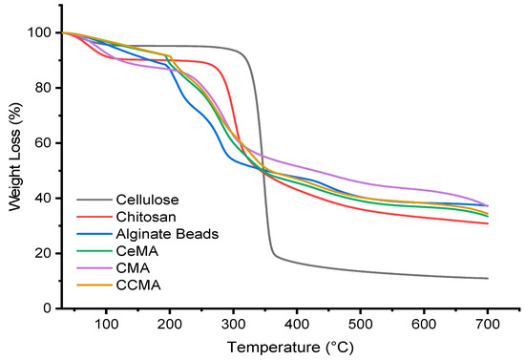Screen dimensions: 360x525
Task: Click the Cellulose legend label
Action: [x=147, y=201]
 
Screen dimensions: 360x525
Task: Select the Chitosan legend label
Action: [x=145, y=218]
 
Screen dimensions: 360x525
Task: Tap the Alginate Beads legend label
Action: [x=164, y=235]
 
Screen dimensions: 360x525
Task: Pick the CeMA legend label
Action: [x=137, y=252]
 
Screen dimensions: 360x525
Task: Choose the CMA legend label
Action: [x=134, y=269]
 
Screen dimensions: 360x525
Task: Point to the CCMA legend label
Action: [x=138, y=286]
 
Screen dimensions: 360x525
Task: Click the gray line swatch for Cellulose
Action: [x=93, y=201]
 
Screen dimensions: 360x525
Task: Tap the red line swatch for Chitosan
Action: [x=93, y=218]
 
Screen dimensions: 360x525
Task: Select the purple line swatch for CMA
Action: [x=93, y=269]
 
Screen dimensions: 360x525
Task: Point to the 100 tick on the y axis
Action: [x=41, y=32]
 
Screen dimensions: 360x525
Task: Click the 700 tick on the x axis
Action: [x=488, y=322]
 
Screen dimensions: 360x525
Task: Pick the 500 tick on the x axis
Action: [x=361, y=322]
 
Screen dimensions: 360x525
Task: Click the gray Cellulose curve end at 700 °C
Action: [x=488, y=279]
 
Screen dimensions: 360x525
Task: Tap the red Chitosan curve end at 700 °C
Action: [x=488, y=223]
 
